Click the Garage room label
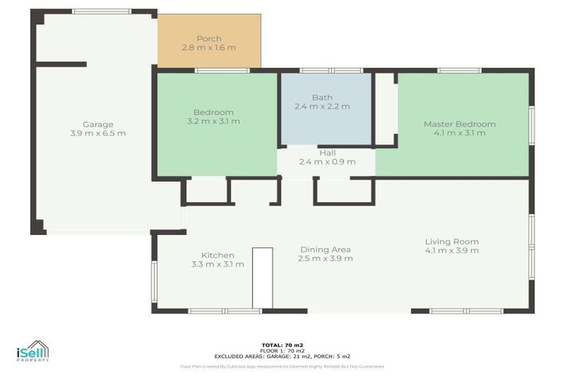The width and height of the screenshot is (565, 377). tap(97, 124)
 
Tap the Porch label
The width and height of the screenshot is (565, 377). tap(209, 38)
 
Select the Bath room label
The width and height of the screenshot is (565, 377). tap(322, 97)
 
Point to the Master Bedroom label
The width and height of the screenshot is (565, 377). tap(459, 124)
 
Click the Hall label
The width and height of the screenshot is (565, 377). tap(327, 152)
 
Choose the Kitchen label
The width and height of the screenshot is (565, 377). tap(218, 255)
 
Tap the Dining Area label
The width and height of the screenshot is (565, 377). tap(324, 250)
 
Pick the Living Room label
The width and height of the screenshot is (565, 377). tap(451, 242)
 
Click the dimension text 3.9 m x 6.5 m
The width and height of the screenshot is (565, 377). tap(98, 134)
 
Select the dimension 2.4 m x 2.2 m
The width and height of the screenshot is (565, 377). tap(323, 107)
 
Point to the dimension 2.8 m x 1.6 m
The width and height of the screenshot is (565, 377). tap(209, 48)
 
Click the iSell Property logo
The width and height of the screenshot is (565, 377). tap(33, 352)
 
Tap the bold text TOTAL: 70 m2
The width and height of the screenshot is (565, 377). tap(282, 345)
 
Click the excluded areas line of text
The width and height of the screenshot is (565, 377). tap(282, 356)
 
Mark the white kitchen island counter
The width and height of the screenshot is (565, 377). tap(262, 278)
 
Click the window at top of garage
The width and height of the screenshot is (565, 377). tap(102, 12)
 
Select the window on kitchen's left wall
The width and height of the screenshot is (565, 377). tap(154, 282)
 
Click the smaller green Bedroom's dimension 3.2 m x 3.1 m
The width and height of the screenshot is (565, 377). tap(213, 121)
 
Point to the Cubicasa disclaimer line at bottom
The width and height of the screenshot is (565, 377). tap(282, 366)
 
